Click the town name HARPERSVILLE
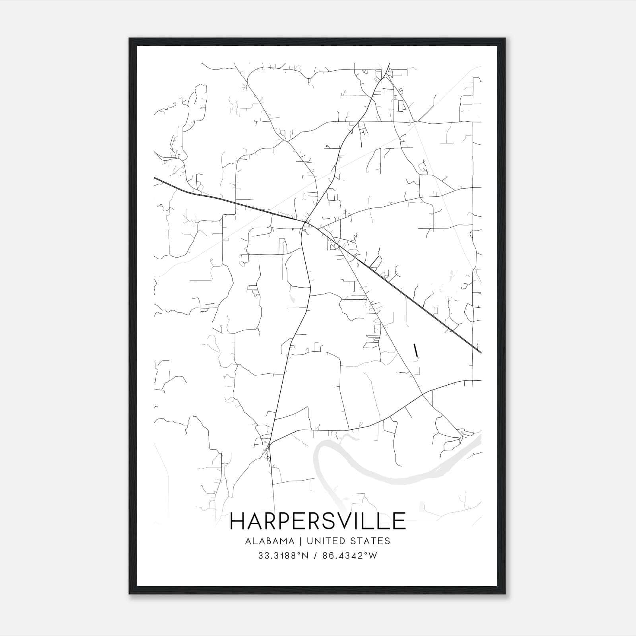(x=318, y=521)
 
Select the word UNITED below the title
(x=326, y=541)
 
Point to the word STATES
(x=370, y=541)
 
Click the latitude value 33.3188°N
(x=283, y=556)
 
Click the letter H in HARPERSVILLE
(x=238, y=521)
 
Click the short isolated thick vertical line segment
(x=416, y=350)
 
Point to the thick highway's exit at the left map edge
(x=155, y=178)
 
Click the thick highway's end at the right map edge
(x=481, y=352)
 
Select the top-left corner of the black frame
(x=130, y=39)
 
